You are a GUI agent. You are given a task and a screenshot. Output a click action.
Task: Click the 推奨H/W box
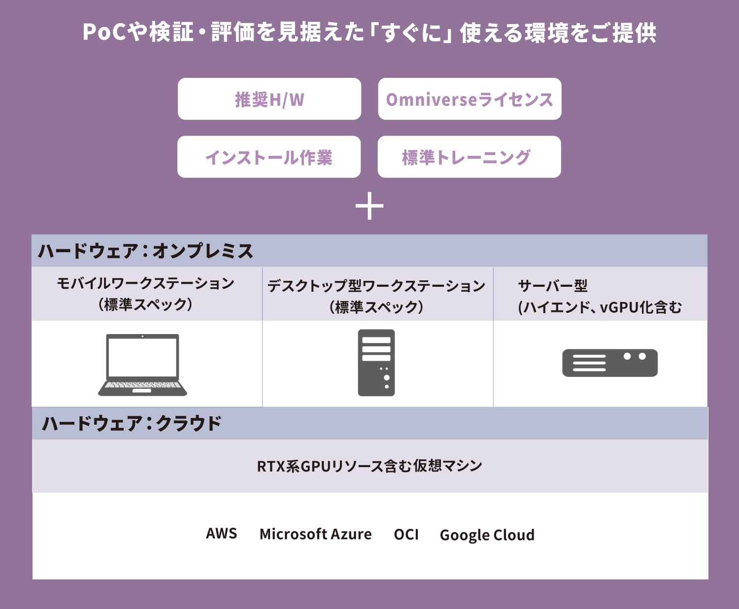click(269, 99)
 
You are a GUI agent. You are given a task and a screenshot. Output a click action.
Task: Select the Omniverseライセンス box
click(470, 99)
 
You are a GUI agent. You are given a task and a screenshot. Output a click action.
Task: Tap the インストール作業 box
click(269, 157)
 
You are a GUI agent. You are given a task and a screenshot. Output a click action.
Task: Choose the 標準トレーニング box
click(469, 157)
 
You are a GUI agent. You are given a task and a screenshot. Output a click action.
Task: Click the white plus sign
click(369, 206)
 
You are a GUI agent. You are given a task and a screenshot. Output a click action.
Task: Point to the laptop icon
click(142, 364)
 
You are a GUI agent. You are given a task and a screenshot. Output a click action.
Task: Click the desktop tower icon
click(376, 363)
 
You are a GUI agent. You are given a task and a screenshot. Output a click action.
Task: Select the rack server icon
click(610, 363)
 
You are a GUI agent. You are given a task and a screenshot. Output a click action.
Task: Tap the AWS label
click(222, 534)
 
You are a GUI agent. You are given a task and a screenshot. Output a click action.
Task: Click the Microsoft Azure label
click(315, 534)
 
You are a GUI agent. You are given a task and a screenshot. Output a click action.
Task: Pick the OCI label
click(406, 534)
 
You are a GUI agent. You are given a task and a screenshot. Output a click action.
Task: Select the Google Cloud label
click(487, 535)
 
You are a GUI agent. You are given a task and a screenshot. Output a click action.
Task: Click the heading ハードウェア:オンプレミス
click(145, 251)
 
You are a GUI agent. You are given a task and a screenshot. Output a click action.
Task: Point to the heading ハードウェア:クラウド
click(132, 423)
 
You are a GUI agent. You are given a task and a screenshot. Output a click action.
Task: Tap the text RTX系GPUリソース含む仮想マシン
click(369, 466)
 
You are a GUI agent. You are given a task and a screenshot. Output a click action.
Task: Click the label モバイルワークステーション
click(145, 283)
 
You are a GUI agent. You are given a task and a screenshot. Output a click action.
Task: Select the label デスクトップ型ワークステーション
click(376, 286)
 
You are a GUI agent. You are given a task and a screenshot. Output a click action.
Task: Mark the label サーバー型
click(553, 286)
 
